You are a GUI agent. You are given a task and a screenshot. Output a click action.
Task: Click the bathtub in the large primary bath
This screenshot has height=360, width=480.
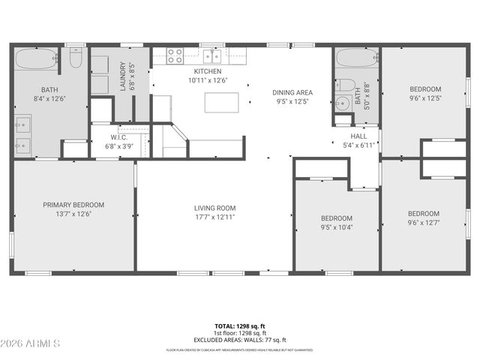click(36, 58)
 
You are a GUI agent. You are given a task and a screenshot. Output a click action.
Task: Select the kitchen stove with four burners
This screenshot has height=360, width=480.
click(174, 55)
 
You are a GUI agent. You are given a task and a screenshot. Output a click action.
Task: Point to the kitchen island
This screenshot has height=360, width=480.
click(221, 102)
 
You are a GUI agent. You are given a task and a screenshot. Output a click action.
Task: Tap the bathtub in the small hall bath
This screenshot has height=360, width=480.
click(356, 58)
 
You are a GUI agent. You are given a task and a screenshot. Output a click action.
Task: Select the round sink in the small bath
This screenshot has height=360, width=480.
click(342, 103)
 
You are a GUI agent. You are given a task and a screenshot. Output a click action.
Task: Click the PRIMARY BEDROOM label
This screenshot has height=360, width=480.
click(73, 205)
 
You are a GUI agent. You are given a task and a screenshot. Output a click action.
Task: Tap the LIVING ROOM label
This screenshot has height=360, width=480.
click(215, 208)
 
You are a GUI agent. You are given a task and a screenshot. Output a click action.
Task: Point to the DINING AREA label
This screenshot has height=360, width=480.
click(292, 93)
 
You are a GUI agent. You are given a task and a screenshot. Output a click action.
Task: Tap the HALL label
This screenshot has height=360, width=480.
click(359, 136)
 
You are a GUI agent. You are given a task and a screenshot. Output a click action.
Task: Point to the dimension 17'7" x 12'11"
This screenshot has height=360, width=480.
click(215, 217)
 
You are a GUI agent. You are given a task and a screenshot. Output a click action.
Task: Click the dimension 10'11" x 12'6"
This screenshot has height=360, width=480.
click(207, 79)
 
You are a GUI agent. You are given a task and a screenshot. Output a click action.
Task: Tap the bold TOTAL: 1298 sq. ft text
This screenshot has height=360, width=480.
click(240, 326)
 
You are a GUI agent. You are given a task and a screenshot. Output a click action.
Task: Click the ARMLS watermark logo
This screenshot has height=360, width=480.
click(30, 343)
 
